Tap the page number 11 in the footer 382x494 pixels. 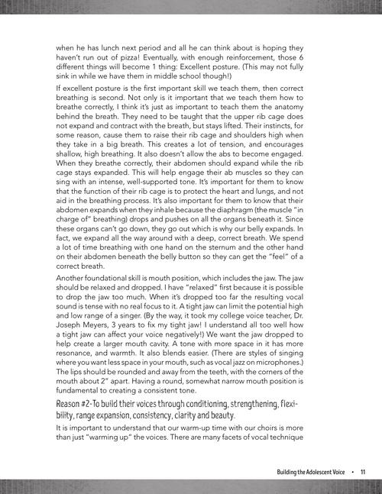tap(363, 473)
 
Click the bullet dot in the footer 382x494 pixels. tap(352, 473)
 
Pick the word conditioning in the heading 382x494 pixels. tap(212, 425)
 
